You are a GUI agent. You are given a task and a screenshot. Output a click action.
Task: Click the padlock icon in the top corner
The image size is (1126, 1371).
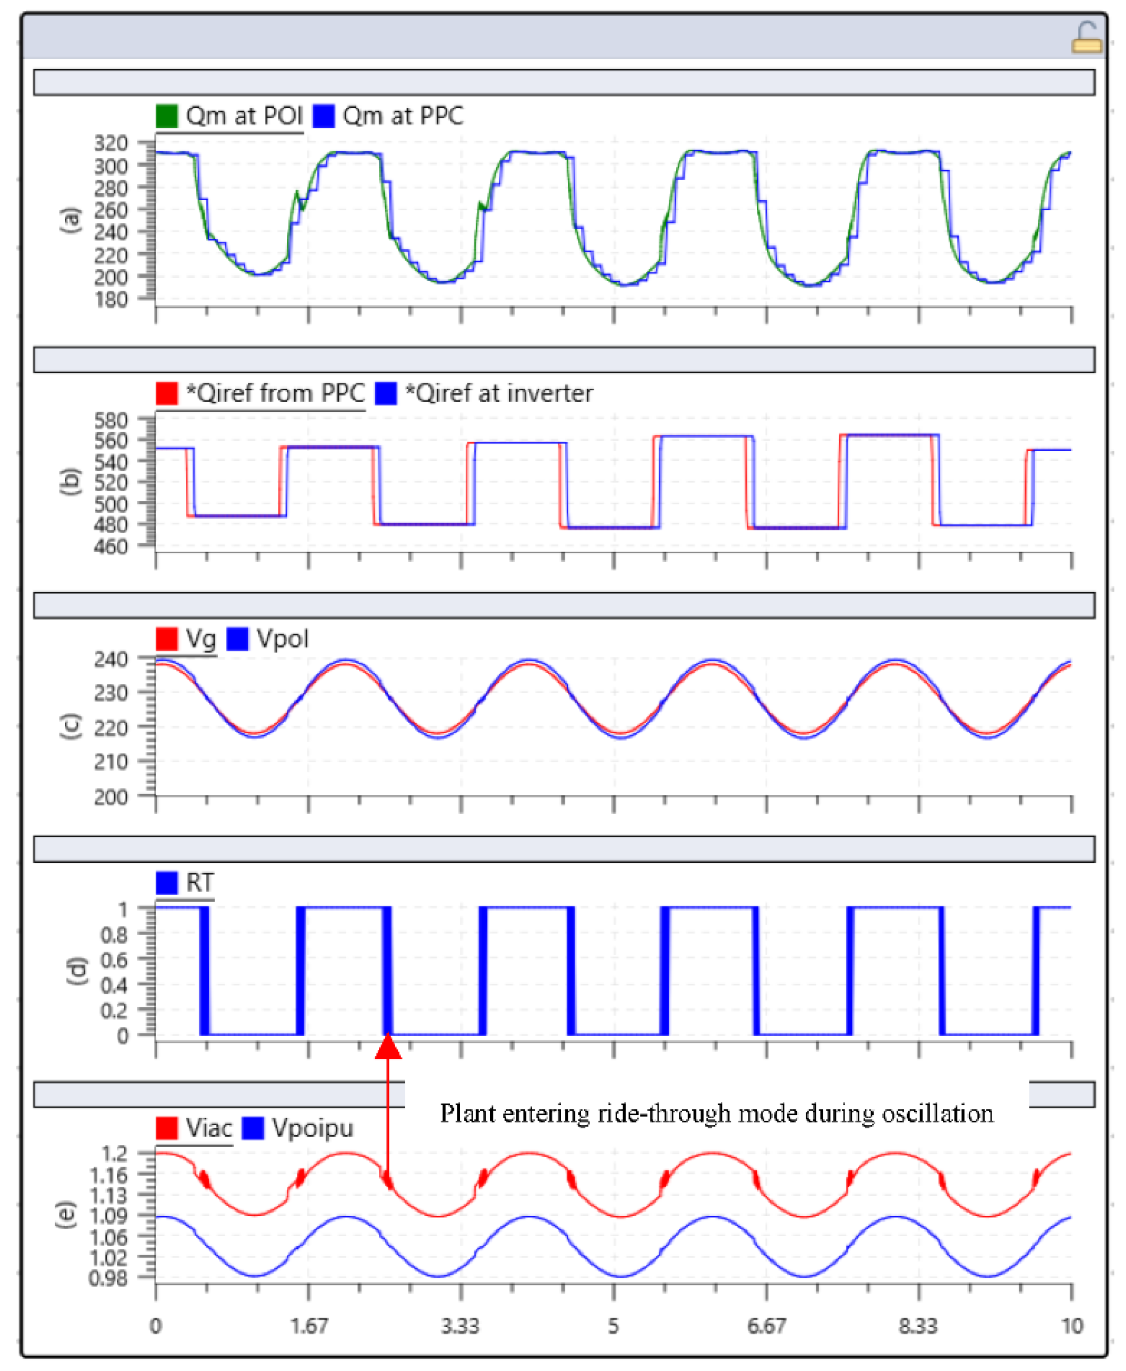point(1086,38)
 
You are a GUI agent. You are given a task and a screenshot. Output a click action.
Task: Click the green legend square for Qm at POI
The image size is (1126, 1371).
point(167,116)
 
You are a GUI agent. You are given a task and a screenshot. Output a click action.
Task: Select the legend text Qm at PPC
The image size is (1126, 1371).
point(403,116)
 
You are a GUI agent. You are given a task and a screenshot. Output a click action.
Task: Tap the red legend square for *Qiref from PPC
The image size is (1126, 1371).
point(167,393)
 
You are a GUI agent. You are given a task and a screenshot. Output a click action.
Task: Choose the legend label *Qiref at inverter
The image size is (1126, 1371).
point(499,393)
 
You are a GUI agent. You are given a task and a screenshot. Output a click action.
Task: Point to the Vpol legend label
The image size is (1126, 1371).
point(282,639)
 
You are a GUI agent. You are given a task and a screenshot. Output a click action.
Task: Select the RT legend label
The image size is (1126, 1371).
point(199,882)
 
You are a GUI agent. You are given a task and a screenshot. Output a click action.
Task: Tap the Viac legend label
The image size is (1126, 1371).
point(208,1128)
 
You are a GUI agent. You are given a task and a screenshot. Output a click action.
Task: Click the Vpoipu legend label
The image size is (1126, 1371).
point(313,1128)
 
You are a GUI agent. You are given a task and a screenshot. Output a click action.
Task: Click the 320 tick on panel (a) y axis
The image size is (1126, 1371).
point(111,143)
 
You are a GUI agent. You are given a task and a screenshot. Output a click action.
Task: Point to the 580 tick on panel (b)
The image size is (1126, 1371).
point(111,420)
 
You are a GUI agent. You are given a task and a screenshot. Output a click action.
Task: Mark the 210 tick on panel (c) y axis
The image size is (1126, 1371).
point(111,762)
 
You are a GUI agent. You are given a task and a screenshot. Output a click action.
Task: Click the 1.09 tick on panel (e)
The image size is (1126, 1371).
point(108,1216)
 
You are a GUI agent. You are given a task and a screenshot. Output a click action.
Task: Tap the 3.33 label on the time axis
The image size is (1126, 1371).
point(460,1326)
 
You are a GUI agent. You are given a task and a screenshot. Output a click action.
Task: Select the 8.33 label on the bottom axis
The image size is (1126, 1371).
point(918,1326)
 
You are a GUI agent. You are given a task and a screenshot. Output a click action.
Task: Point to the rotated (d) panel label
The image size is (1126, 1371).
point(76,971)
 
